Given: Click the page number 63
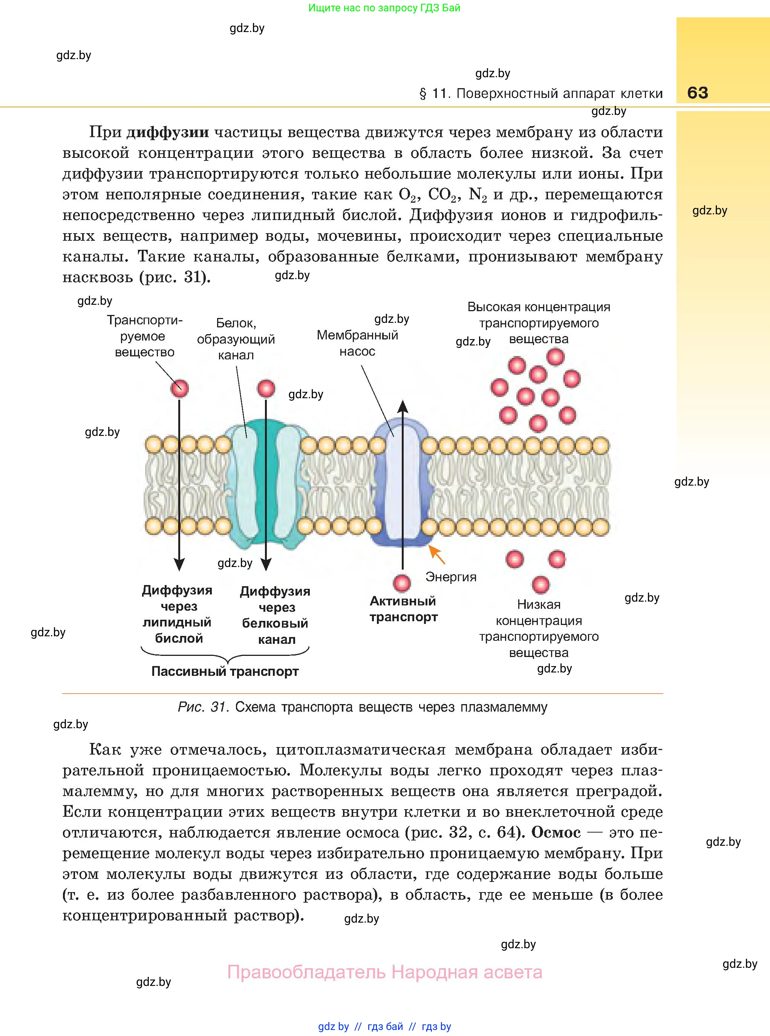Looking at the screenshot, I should point(697,93).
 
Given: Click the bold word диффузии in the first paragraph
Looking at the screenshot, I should point(168,132).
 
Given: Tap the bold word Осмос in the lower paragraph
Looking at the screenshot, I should point(556,833).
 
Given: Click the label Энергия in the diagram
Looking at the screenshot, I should point(451,577).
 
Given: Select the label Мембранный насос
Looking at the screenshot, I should point(358,343).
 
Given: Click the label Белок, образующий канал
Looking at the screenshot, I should point(236,339).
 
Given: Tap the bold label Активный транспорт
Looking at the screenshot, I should point(403,609).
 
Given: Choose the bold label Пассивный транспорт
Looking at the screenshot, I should point(225,671).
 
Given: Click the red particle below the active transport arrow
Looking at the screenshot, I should point(402,583).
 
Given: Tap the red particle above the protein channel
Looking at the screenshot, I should point(266,388).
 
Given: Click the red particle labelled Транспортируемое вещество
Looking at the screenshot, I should point(179,388).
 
